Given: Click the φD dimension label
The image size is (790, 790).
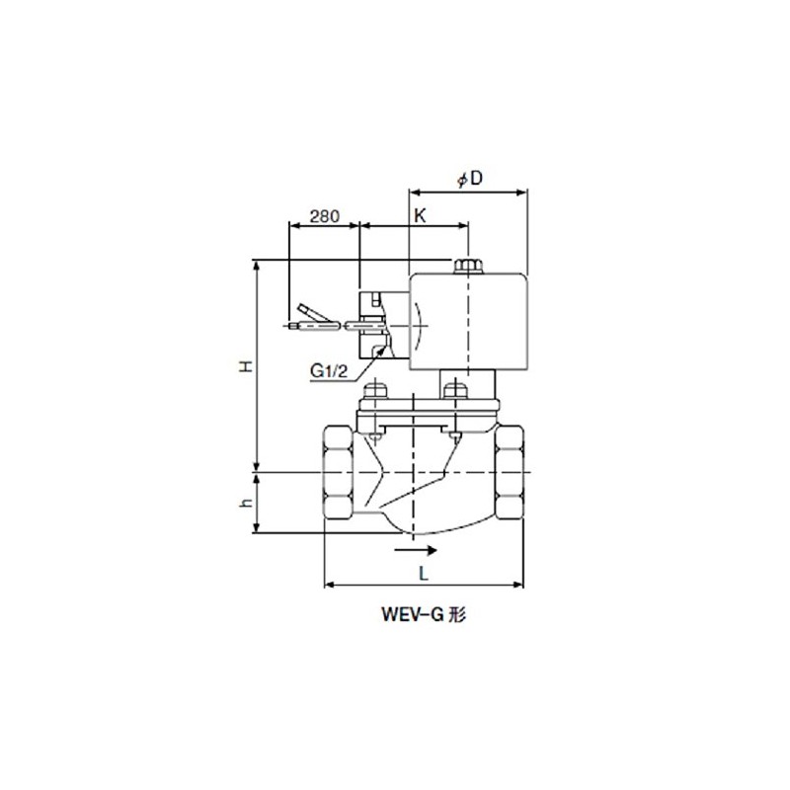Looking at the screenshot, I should click(470, 179).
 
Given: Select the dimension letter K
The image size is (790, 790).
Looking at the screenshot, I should click(420, 214).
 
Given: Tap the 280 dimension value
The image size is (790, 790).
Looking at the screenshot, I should click(325, 214).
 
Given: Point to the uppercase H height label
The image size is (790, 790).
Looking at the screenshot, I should click(248, 366).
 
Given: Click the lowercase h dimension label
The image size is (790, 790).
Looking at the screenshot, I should click(248, 504).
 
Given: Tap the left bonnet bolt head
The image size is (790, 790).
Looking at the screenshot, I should click(372, 389).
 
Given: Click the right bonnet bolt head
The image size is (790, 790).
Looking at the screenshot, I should click(454, 389).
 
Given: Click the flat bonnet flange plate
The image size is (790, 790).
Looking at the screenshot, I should click(425, 407).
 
